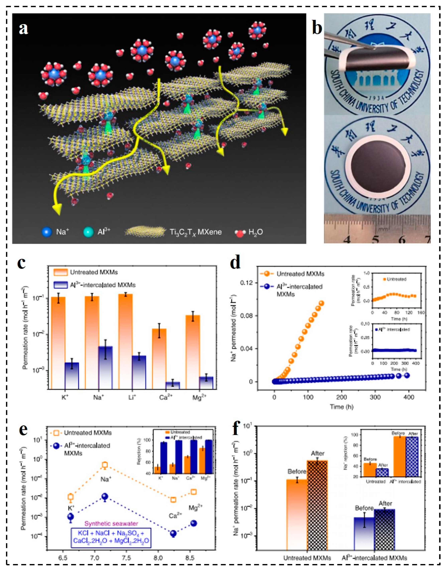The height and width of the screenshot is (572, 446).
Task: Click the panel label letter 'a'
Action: [24, 29]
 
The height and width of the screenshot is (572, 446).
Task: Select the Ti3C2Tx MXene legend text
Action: [195, 232]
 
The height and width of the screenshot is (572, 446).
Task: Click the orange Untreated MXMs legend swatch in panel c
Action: [61, 272]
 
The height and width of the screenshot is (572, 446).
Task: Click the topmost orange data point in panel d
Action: [321, 303]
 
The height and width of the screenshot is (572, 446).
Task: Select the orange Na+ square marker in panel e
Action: [105, 465]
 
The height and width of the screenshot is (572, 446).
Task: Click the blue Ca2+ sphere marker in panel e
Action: [173, 532]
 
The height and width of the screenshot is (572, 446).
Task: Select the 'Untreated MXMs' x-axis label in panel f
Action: [307, 558]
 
